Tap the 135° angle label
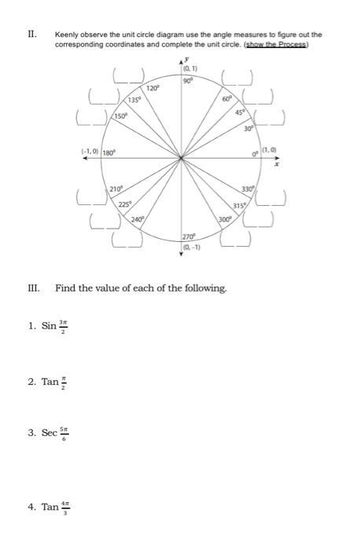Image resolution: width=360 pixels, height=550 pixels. pyautogui.click(x=136, y=101)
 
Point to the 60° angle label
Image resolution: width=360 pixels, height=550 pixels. pyautogui.click(x=226, y=99)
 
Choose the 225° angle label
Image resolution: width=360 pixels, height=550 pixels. pyautogui.click(x=124, y=204)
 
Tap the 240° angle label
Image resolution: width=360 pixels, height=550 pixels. pyautogui.click(x=138, y=220)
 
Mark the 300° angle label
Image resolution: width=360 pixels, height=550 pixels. pyautogui.click(x=226, y=220)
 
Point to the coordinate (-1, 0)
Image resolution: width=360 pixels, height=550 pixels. pyautogui.click(x=88, y=151)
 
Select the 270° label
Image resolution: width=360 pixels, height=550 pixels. pyautogui.click(x=189, y=236)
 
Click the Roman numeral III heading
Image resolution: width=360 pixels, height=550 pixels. pyautogui.click(x=33, y=288)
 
